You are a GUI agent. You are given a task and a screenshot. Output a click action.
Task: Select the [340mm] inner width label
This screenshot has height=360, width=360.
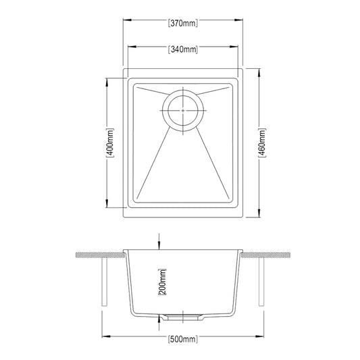coord(182,49)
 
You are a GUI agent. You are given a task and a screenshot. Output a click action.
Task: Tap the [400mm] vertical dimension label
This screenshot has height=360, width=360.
coord(109,143)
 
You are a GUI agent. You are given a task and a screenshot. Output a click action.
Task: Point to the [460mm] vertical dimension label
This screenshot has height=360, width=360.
coord(262,143)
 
